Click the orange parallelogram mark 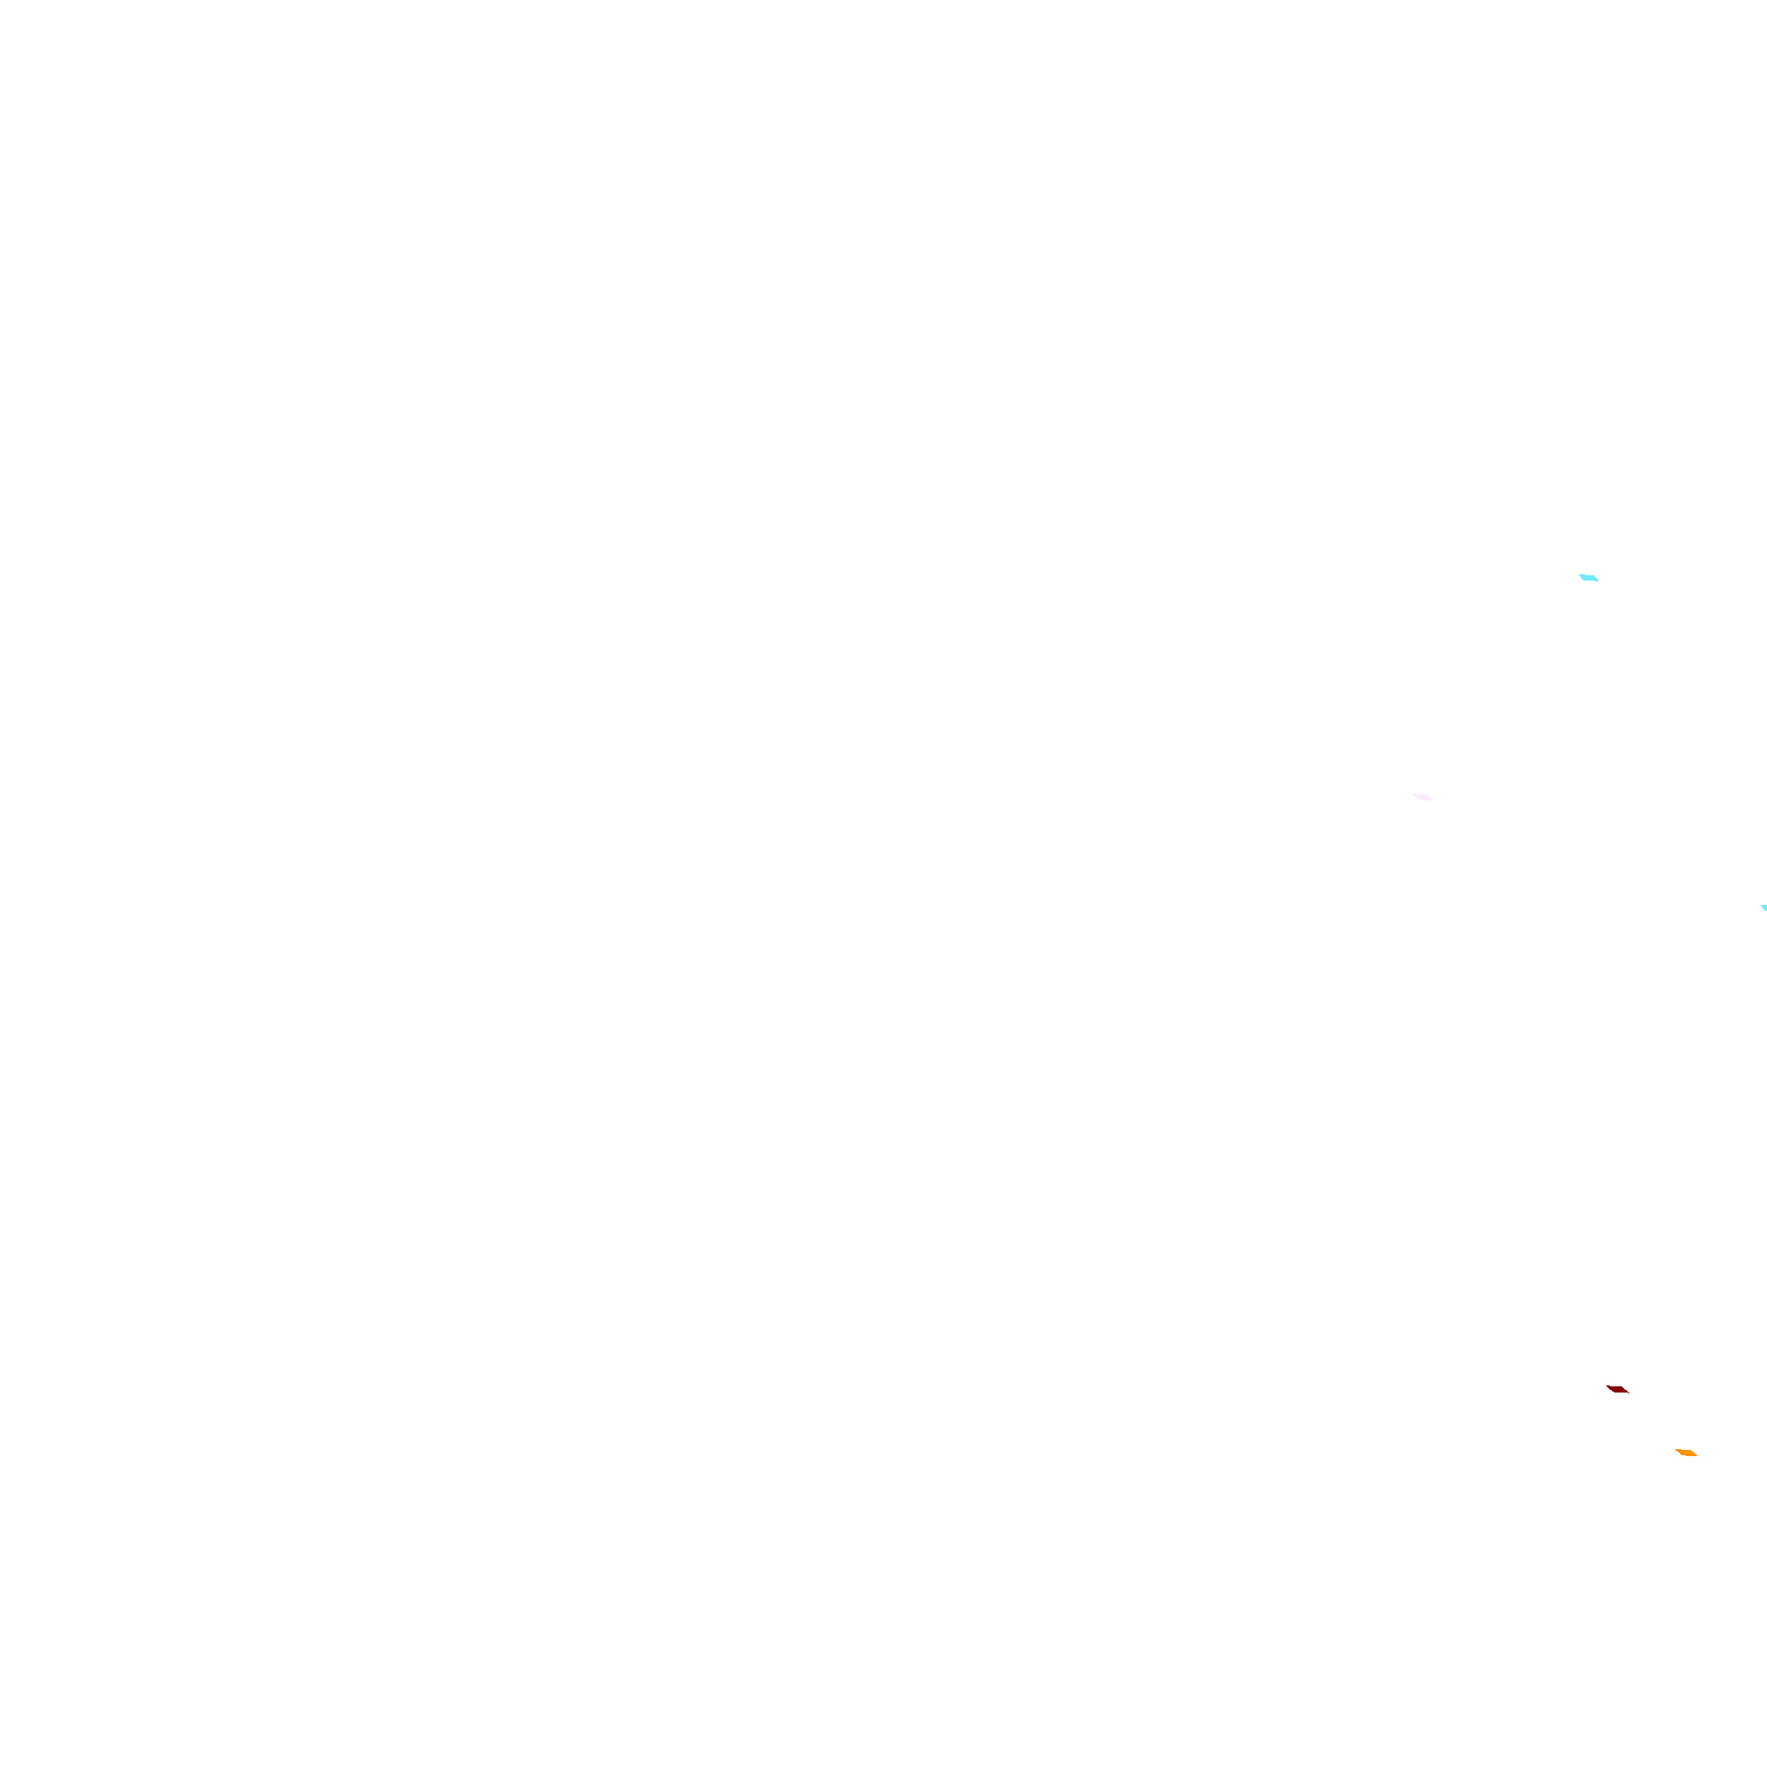[x=1685, y=1453]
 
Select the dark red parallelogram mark [x=1617, y=1389]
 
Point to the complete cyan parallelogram [x=1589, y=578]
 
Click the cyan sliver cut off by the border [x=1763, y=908]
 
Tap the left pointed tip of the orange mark [x=1675, y=1450]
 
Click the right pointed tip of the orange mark [x=1696, y=1456]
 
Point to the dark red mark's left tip [x=1606, y=1386]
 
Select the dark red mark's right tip [x=1628, y=1393]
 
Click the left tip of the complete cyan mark [x=1580, y=575]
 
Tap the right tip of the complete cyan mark [x=1598, y=581]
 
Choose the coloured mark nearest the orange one [x=1617, y=1389]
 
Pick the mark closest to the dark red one [x=1685, y=1453]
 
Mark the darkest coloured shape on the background [x=1617, y=1389]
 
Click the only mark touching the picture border [x=1763, y=908]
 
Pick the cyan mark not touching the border [x=1589, y=578]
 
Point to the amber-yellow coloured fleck [x=1685, y=1453]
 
